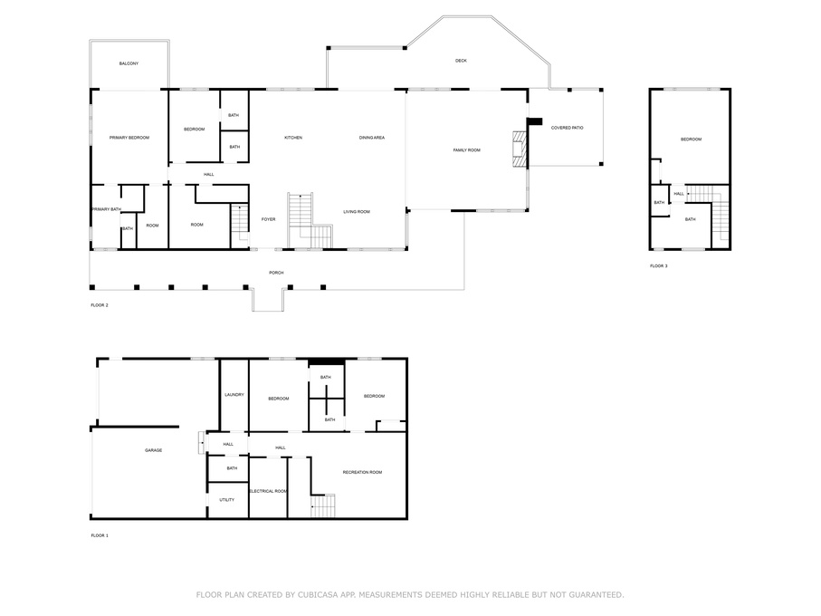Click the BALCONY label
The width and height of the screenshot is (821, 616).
coord(129,63)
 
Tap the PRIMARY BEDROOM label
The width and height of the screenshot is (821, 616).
coord(129,138)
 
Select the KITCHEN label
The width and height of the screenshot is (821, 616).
coord(293,138)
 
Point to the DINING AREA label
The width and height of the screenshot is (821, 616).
coord(372,138)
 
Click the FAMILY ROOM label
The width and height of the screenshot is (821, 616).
coord(466,149)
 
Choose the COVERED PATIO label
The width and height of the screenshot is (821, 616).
coord(567,128)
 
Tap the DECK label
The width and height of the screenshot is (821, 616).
coord(461,61)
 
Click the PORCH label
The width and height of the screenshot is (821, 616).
coord(276,273)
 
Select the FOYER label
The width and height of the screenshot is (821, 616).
coord(269,219)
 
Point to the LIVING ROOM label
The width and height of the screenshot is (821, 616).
coord(356,212)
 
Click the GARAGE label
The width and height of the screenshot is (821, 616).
coord(154,450)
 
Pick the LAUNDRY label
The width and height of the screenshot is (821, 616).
coord(234,395)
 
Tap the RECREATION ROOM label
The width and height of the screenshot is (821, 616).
coord(362,472)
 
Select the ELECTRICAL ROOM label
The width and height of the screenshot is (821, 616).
coord(268,491)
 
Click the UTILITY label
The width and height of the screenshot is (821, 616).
coord(226,500)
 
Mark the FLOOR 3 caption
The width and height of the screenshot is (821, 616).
coord(658,266)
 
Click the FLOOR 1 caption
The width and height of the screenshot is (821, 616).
coord(100,535)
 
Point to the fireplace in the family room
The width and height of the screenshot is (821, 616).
coord(518,149)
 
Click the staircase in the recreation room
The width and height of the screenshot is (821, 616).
coord(323,505)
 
